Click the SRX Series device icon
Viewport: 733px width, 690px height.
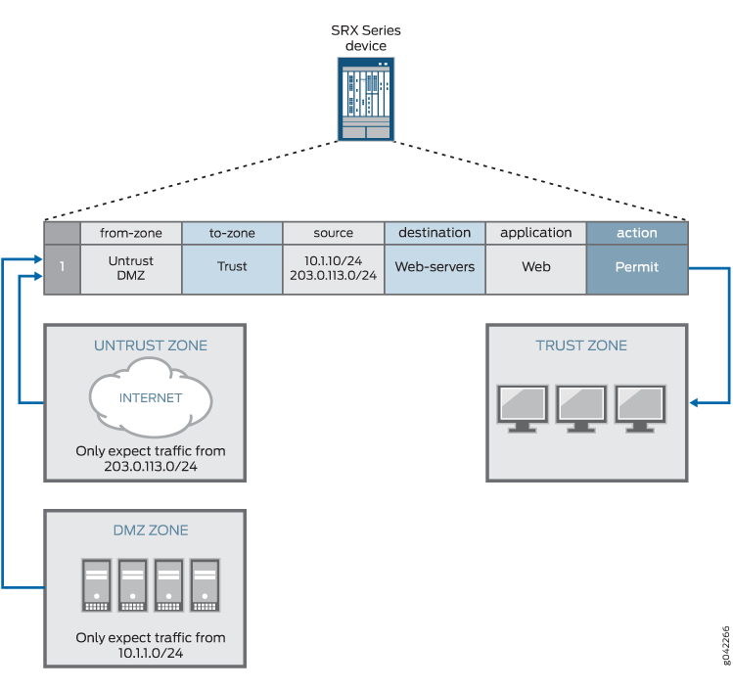tap(365, 99)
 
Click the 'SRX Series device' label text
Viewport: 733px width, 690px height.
tap(365, 38)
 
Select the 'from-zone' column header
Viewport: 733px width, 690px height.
tap(131, 233)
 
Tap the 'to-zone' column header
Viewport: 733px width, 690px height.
tap(232, 233)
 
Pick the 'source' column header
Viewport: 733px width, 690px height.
tap(333, 233)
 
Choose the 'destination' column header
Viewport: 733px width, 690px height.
tap(435, 233)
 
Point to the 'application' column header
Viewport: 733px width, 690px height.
tap(535, 233)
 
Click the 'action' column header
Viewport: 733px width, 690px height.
tap(636, 233)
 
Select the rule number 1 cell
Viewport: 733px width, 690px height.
tap(62, 267)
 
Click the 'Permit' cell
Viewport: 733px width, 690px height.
tap(636, 267)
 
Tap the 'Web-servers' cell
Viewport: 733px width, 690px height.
tap(435, 267)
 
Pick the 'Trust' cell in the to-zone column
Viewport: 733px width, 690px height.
tap(232, 267)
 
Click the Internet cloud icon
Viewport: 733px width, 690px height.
tap(151, 398)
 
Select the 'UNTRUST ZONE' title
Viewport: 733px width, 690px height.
tap(151, 345)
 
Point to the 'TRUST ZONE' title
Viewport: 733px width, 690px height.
tap(581, 345)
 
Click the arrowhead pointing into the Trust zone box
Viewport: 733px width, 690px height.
tap(696, 402)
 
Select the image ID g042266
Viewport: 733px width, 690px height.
tap(724, 645)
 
